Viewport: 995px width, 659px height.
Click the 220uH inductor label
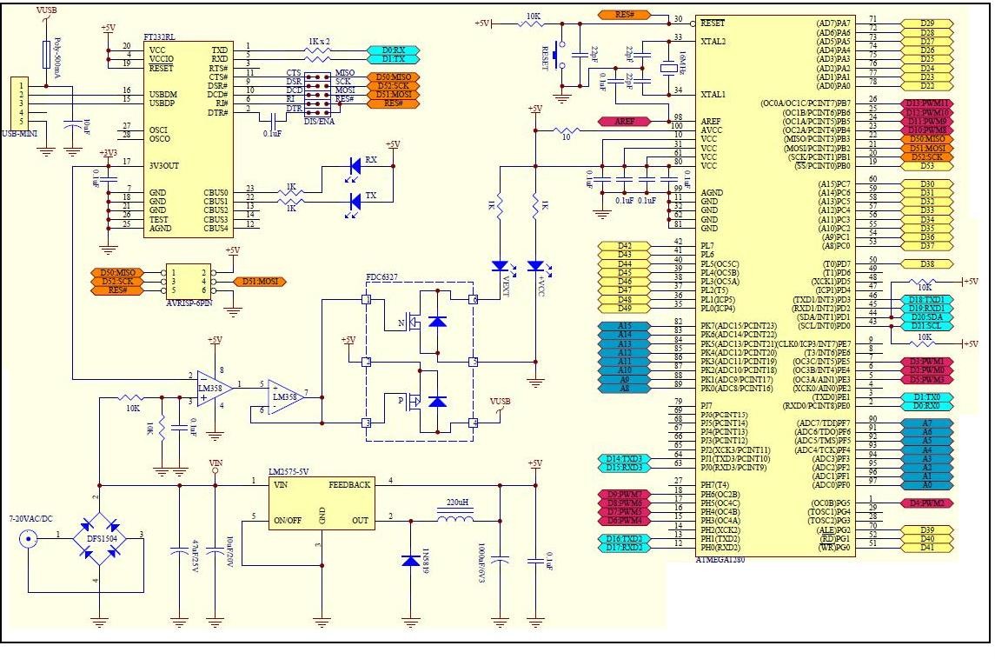pos(458,502)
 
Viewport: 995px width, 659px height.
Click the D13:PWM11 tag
pos(927,103)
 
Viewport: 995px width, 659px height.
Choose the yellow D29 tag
pos(927,23)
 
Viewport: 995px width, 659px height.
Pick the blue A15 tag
pos(624,325)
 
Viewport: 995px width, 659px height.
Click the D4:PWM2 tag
pos(927,503)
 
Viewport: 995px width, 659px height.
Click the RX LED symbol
pos(355,165)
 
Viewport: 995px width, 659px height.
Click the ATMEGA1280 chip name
pos(720,559)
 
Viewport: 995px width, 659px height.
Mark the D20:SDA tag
pos(927,316)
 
